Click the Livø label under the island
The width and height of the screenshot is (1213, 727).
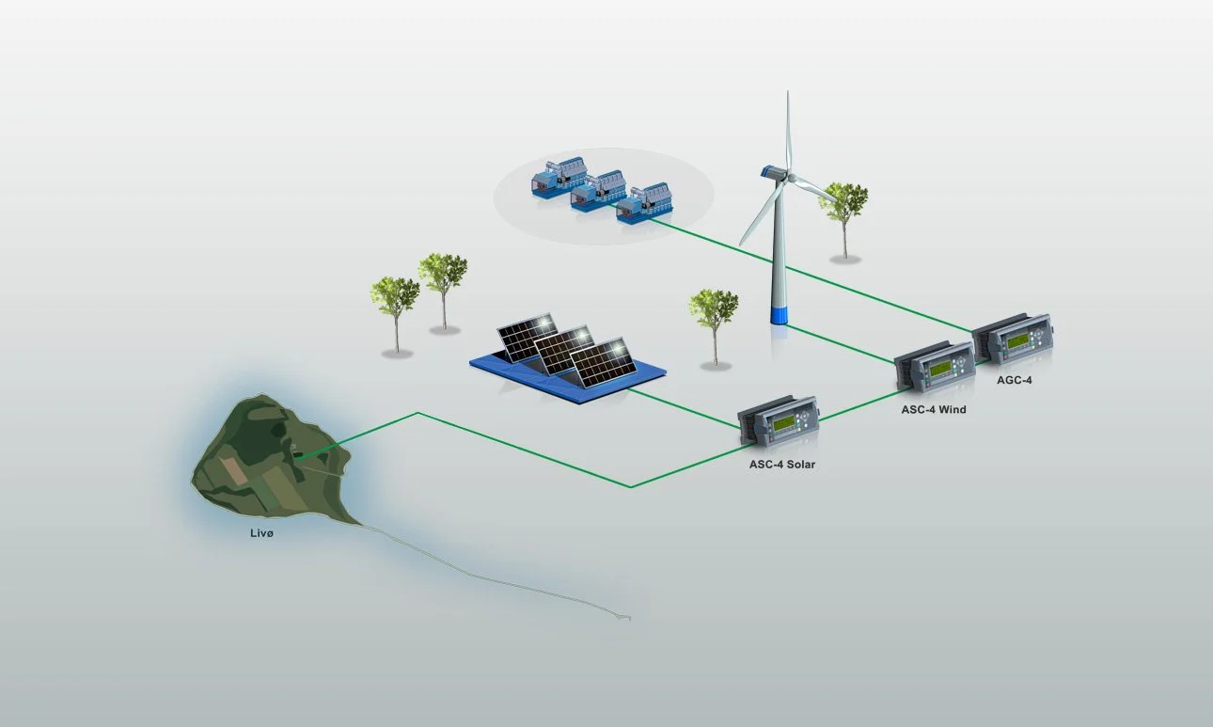coord(261,533)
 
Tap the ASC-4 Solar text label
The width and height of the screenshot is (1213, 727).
coord(782,465)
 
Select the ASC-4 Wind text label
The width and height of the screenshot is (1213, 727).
coord(934,409)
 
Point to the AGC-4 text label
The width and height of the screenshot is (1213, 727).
coord(1015,380)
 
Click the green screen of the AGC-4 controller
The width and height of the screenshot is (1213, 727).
coord(1017,340)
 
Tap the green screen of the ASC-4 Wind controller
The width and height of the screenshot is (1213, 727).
coord(940,369)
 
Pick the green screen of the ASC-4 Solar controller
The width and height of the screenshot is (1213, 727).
coord(783,424)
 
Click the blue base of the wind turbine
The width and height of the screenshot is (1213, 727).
coord(779,315)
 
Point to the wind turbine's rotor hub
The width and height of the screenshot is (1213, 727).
coord(791,177)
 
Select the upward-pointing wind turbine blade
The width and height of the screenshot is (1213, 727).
coord(788,132)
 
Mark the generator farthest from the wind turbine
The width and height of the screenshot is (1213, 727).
coord(559,177)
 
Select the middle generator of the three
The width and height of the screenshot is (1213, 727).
coord(599,190)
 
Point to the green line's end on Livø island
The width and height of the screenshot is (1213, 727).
coord(296,458)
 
